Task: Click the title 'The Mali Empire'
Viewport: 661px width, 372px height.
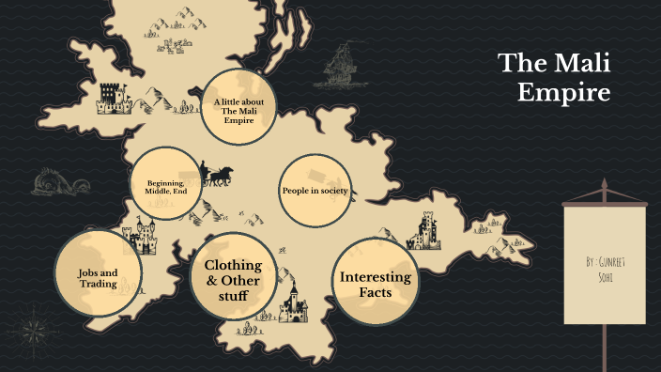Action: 554,78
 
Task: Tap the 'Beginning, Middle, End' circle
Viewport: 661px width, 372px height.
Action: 167,183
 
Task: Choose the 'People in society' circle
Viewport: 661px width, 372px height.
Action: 315,191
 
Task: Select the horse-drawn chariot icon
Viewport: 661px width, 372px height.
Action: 216,174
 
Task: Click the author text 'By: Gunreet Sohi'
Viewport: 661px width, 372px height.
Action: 604,266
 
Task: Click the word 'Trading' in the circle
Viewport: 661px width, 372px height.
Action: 98,285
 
